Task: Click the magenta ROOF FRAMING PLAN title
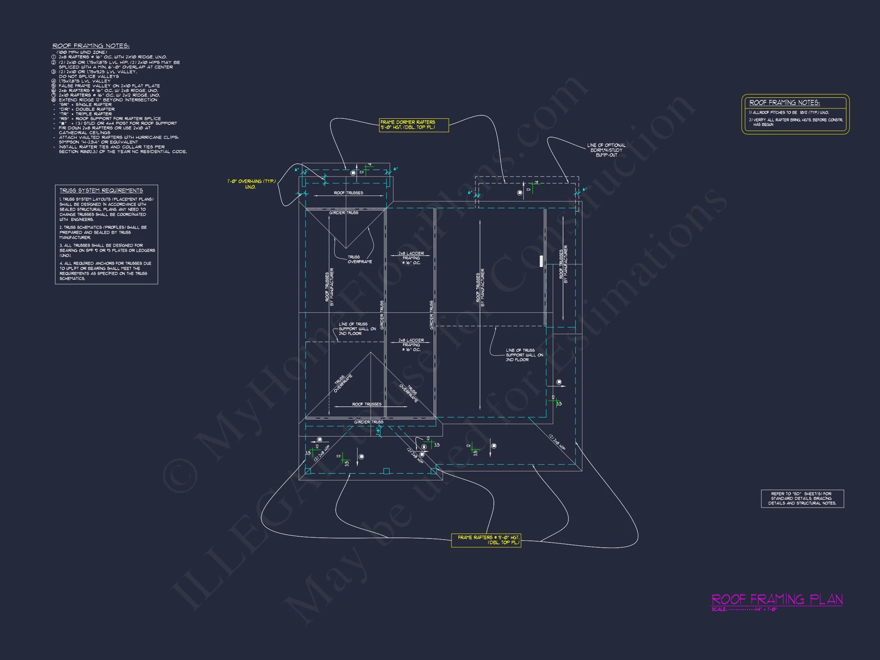coord(776,599)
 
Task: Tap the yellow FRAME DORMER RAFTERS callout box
coord(413,125)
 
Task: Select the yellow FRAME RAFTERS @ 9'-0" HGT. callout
coord(486,540)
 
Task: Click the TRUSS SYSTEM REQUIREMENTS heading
coord(101,191)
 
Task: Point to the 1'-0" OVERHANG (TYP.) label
coord(251,184)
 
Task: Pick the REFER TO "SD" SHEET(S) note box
coord(802,498)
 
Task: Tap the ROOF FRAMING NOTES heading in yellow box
coord(784,103)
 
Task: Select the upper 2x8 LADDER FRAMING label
coord(411,258)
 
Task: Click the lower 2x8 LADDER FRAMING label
coord(411,345)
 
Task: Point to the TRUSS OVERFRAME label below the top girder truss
coord(360,259)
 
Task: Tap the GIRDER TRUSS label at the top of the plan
coord(343,213)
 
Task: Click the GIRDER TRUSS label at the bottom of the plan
coord(369,422)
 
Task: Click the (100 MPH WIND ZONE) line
coord(82,52)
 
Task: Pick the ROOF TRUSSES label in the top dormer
coord(348,193)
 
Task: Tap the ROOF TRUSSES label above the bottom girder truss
coord(366,404)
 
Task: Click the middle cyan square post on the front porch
coord(386,471)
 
